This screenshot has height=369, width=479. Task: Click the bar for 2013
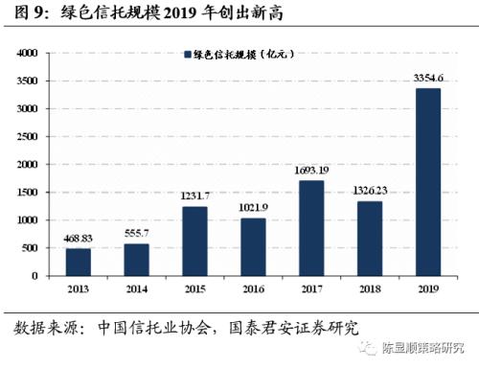(80, 262)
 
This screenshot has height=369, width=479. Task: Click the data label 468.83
(80, 240)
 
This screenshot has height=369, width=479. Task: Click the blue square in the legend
(187, 56)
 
